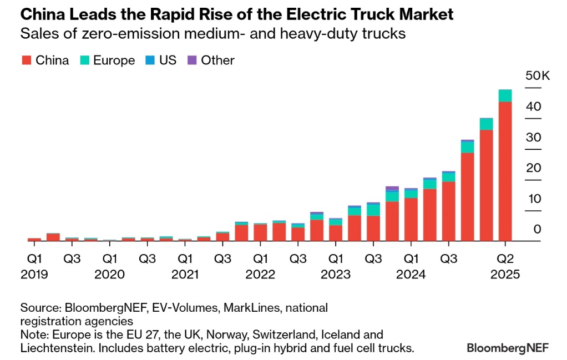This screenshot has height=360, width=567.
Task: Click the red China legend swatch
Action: click(26, 60)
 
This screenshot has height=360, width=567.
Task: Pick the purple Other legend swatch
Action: click(192, 60)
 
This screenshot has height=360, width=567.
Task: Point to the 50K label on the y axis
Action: click(537, 76)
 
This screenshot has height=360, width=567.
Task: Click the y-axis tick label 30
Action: click(533, 138)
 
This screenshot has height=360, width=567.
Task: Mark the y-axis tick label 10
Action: click(533, 199)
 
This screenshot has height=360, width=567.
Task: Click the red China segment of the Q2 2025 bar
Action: click(505, 172)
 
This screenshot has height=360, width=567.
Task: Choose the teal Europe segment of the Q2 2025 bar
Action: click(505, 95)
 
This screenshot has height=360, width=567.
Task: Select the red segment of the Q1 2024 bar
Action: click(411, 220)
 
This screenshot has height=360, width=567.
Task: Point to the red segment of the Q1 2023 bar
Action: click(336, 233)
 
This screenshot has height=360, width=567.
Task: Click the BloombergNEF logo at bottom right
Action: click(507, 348)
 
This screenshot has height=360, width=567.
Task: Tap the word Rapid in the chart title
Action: click(168, 14)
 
